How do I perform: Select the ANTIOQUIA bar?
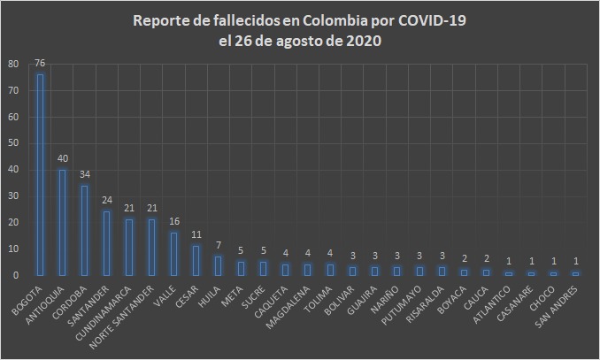62,222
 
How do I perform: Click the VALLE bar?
174,254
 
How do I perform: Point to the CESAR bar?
196,260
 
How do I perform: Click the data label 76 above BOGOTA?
40,64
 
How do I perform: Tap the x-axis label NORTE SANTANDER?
133,311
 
